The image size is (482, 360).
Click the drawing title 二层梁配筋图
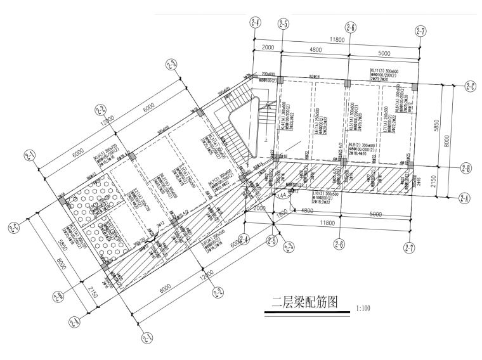(303, 302)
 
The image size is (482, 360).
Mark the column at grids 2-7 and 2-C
(414, 86)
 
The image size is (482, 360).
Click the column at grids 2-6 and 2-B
(343, 162)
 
